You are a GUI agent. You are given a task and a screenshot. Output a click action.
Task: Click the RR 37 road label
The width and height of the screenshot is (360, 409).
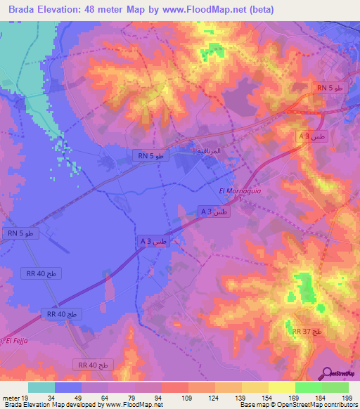tap(307, 331)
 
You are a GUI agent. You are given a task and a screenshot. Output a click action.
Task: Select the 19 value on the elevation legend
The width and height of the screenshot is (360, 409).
tap(27, 397)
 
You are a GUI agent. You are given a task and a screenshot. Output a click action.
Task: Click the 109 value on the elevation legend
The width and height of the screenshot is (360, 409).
tap(188, 397)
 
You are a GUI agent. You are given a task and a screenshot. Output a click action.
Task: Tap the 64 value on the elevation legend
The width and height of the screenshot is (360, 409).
tap(108, 397)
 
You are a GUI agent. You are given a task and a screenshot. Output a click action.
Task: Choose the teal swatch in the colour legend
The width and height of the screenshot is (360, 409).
tap(41, 387)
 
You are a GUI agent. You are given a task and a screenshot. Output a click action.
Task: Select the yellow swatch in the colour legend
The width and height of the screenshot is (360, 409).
tap(281, 387)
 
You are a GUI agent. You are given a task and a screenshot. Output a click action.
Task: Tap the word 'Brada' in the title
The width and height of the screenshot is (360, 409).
tap(24, 10)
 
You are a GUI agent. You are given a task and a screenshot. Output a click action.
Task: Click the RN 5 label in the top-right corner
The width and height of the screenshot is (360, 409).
tap(329, 88)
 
